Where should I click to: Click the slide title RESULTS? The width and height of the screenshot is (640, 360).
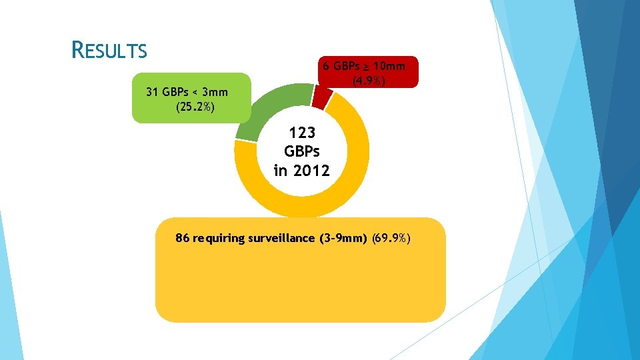[109, 50]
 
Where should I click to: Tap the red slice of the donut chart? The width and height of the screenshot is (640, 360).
[322, 97]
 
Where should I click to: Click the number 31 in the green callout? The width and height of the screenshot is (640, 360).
[153, 92]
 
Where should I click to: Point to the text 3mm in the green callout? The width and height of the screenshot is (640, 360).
[213, 92]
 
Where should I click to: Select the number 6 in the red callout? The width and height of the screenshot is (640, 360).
[325, 66]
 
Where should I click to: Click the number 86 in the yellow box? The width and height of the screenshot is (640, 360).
[182, 238]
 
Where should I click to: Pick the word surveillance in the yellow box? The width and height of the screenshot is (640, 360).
[277, 238]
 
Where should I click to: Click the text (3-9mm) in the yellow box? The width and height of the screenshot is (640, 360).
[343, 238]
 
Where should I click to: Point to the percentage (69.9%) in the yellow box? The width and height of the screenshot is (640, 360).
[396, 238]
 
